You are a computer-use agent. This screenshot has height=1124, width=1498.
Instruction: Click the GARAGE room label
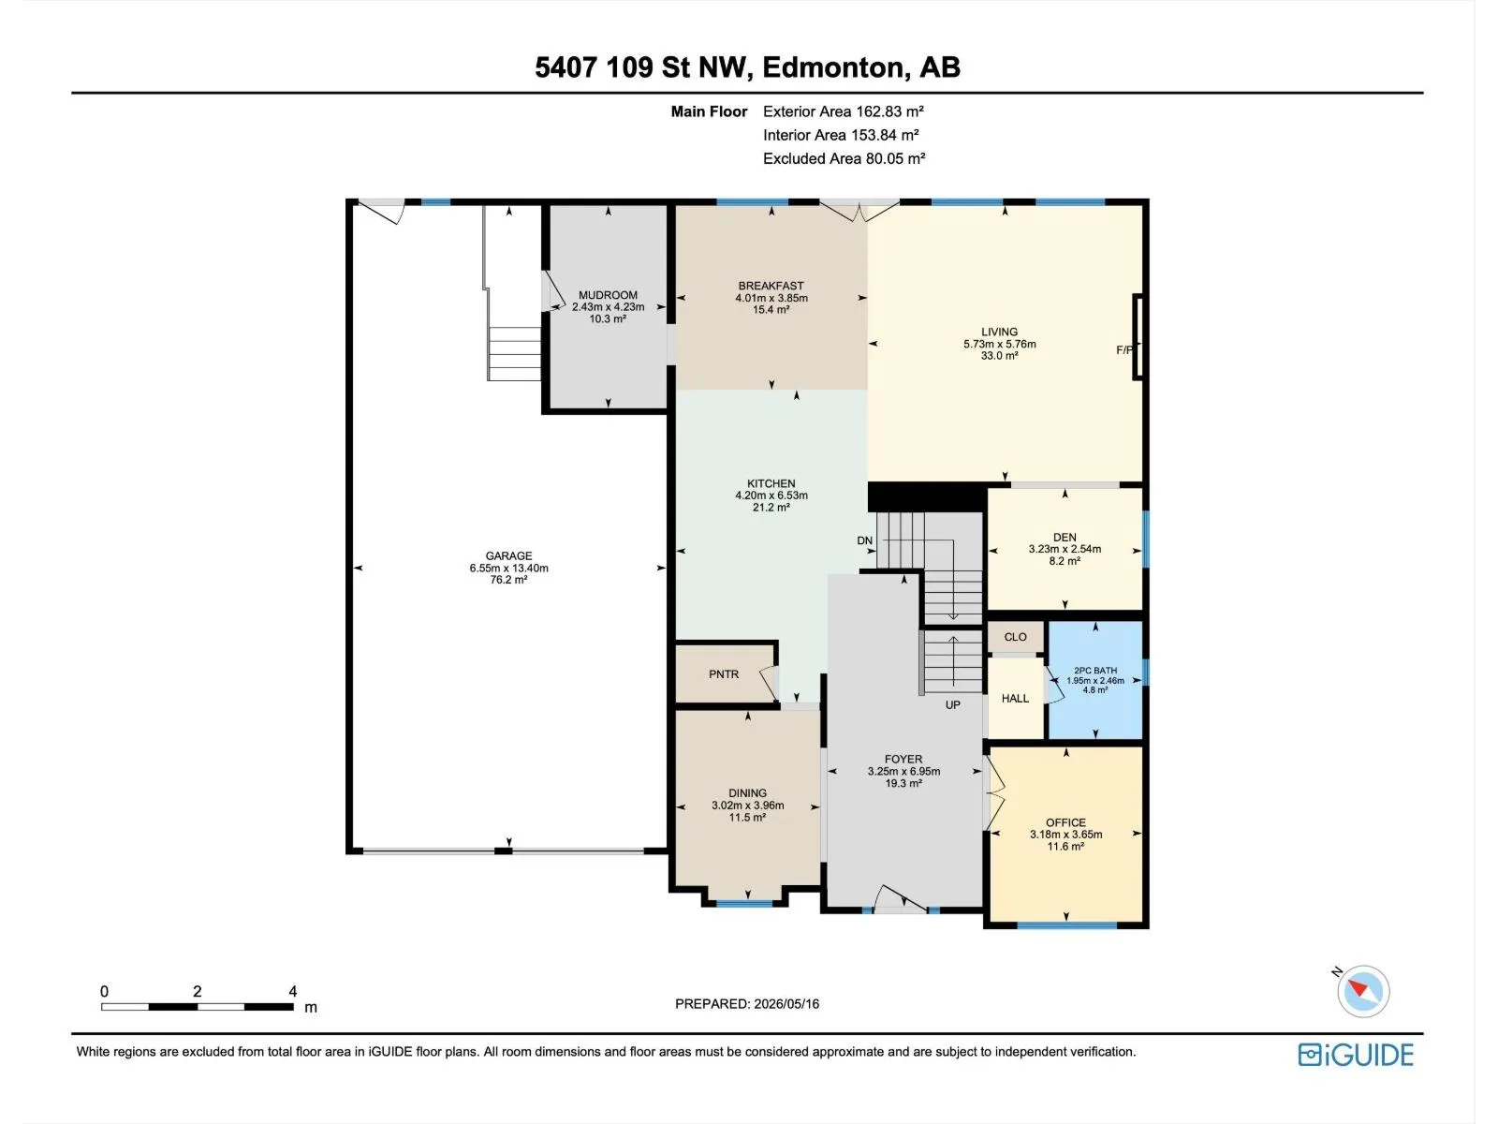point(508,555)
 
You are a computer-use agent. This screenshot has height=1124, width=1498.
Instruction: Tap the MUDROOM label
point(608,295)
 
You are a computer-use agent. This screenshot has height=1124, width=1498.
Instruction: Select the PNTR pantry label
point(724,674)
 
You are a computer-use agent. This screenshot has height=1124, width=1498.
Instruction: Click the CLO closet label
point(1015,637)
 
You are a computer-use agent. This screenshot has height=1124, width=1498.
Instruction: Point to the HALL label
point(1015,698)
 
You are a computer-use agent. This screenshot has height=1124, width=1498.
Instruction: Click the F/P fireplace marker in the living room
point(1124,350)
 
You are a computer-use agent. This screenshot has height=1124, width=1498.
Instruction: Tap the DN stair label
point(865,540)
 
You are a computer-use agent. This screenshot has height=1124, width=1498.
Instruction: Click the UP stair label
point(953,705)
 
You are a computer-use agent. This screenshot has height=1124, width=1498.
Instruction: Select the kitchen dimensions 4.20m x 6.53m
point(771,495)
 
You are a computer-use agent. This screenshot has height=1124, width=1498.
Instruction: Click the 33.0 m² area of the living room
point(999,356)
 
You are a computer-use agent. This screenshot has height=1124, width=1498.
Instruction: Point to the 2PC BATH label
point(1095,671)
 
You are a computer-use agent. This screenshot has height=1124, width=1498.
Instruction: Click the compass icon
point(1363,991)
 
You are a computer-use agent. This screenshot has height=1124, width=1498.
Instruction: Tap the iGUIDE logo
point(1356,1055)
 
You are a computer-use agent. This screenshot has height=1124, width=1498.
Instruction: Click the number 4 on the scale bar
point(293,991)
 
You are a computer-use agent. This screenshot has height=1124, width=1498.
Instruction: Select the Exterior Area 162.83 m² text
point(843,111)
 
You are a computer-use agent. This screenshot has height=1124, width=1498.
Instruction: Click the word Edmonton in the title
point(832,67)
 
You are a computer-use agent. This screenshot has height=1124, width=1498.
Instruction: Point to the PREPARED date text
point(746,1004)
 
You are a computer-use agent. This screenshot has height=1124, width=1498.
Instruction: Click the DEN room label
point(1065,537)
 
